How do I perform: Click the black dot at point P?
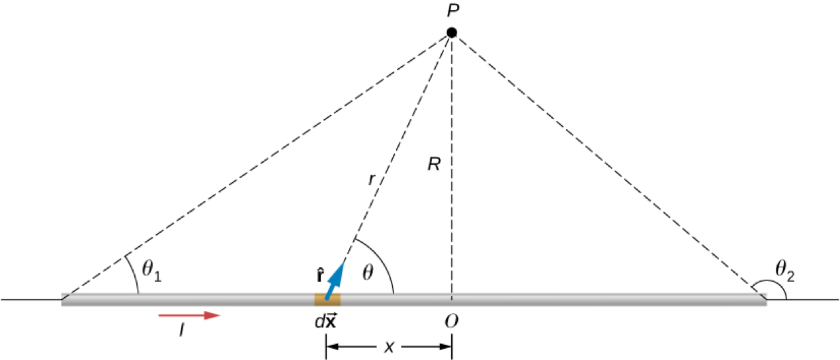pyautogui.click(x=452, y=32)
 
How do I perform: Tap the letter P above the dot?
pyautogui.click(x=452, y=11)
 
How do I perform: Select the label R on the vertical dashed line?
pyautogui.click(x=434, y=164)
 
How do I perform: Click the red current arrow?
pyautogui.click(x=189, y=316)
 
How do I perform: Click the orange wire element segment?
pyautogui.click(x=327, y=300)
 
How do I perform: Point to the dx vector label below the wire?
pyautogui.click(x=326, y=322)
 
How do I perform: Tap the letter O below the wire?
pyautogui.click(x=452, y=322)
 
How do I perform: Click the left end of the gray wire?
pyautogui.click(x=63, y=300)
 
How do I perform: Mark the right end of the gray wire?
pyautogui.click(x=764, y=300)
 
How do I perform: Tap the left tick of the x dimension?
pyautogui.click(x=325, y=347)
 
